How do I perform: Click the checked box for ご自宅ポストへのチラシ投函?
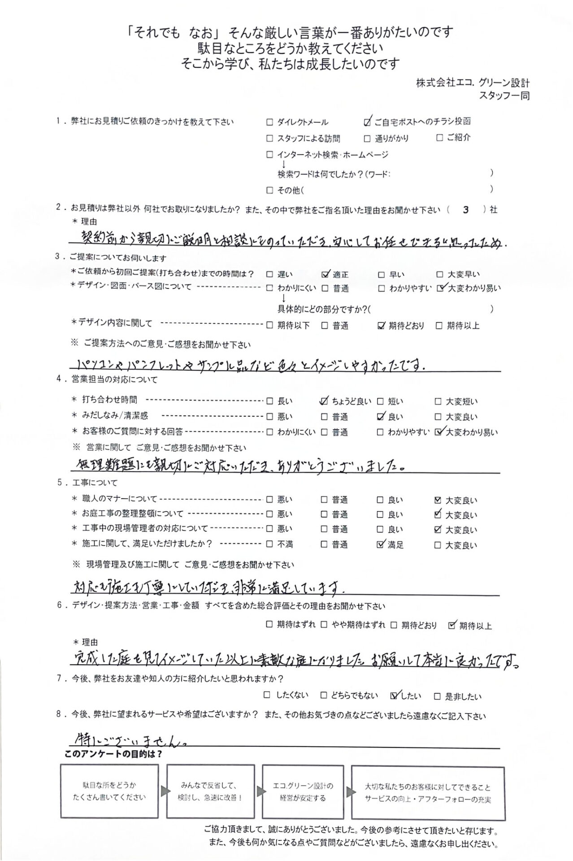tap(368, 122)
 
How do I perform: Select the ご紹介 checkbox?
tap(439, 138)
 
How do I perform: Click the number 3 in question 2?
tap(466, 209)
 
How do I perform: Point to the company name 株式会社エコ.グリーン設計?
tap(473, 83)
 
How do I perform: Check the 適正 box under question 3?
tap(326, 274)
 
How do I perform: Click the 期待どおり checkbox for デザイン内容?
tap(382, 326)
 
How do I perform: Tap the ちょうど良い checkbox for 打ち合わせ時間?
tap(324, 402)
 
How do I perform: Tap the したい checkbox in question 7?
tap(394, 696)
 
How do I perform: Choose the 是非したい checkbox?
tap(437, 696)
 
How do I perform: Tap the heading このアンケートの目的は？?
tap(113, 754)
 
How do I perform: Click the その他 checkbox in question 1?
tap(269, 191)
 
